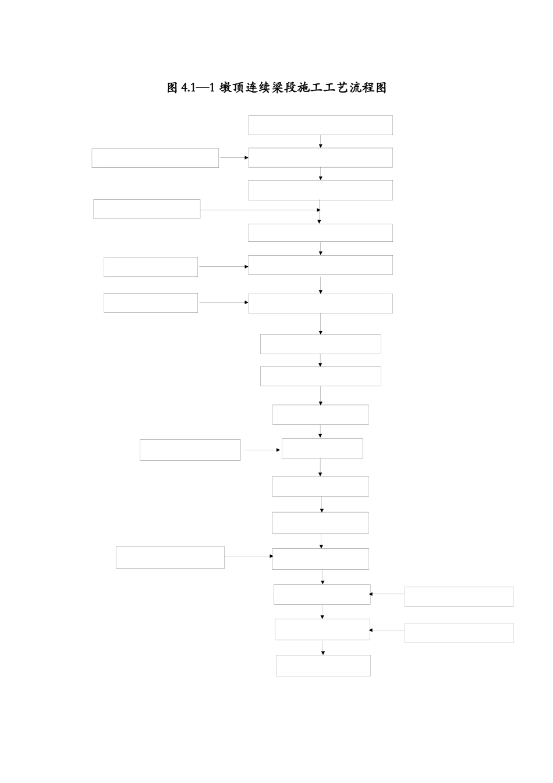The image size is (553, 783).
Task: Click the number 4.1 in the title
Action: pyautogui.click(x=188, y=87)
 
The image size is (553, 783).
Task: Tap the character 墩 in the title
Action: pyautogui.click(x=225, y=87)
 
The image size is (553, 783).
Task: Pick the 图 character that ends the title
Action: pyautogui.click(x=381, y=87)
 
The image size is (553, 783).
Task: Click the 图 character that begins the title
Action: pyautogui.click(x=172, y=87)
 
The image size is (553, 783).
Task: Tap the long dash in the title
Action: pyautogui.click(x=203, y=87)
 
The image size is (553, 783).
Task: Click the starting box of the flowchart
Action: pyautogui.click(x=320, y=125)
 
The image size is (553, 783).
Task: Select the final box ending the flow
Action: pyautogui.click(x=323, y=665)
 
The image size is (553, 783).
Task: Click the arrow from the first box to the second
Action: pyautogui.click(x=320, y=141)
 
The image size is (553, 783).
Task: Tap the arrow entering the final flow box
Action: pyautogui.click(x=323, y=648)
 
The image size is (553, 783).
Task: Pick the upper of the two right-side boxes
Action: pyautogui.click(x=459, y=597)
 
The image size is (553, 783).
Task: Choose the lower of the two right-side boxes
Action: pyautogui.click(x=459, y=633)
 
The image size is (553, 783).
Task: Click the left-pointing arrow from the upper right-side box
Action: pyautogui.click(x=387, y=594)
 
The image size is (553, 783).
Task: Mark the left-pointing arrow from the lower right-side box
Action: pyautogui.click(x=387, y=630)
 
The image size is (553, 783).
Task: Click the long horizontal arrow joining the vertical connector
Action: pyautogui.click(x=260, y=210)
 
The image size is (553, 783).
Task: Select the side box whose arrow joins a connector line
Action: pyautogui.click(x=147, y=209)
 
